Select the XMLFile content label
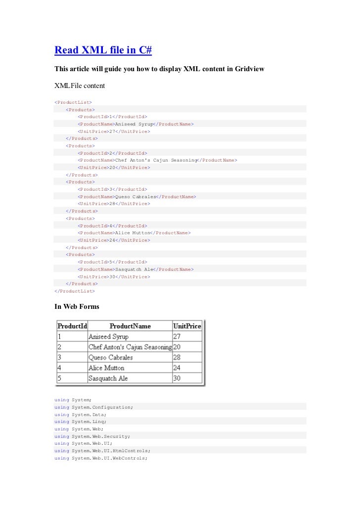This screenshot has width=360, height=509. click(79, 85)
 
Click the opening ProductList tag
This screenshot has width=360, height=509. click(73, 102)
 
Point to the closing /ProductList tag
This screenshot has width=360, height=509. click(75, 291)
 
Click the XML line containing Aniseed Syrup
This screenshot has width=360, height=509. click(135, 124)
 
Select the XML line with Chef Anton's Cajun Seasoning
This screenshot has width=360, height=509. click(157, 160)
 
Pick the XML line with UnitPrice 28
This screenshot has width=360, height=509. click(114, 204)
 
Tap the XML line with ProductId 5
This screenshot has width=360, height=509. click(112, 262)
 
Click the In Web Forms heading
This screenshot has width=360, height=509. click(77, 307)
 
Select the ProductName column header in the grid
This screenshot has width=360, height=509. click(130, 326)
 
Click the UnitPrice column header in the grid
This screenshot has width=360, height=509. click(187, 326)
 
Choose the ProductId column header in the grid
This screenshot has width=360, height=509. click(72, 326)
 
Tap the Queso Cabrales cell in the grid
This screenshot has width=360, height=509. click(110, 357)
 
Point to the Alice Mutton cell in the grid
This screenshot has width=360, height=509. click(106, 368)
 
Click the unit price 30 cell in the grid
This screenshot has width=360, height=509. click(177, 378)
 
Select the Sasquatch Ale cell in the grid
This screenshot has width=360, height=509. click(108, 378)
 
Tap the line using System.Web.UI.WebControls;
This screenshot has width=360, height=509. click(101, 458)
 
